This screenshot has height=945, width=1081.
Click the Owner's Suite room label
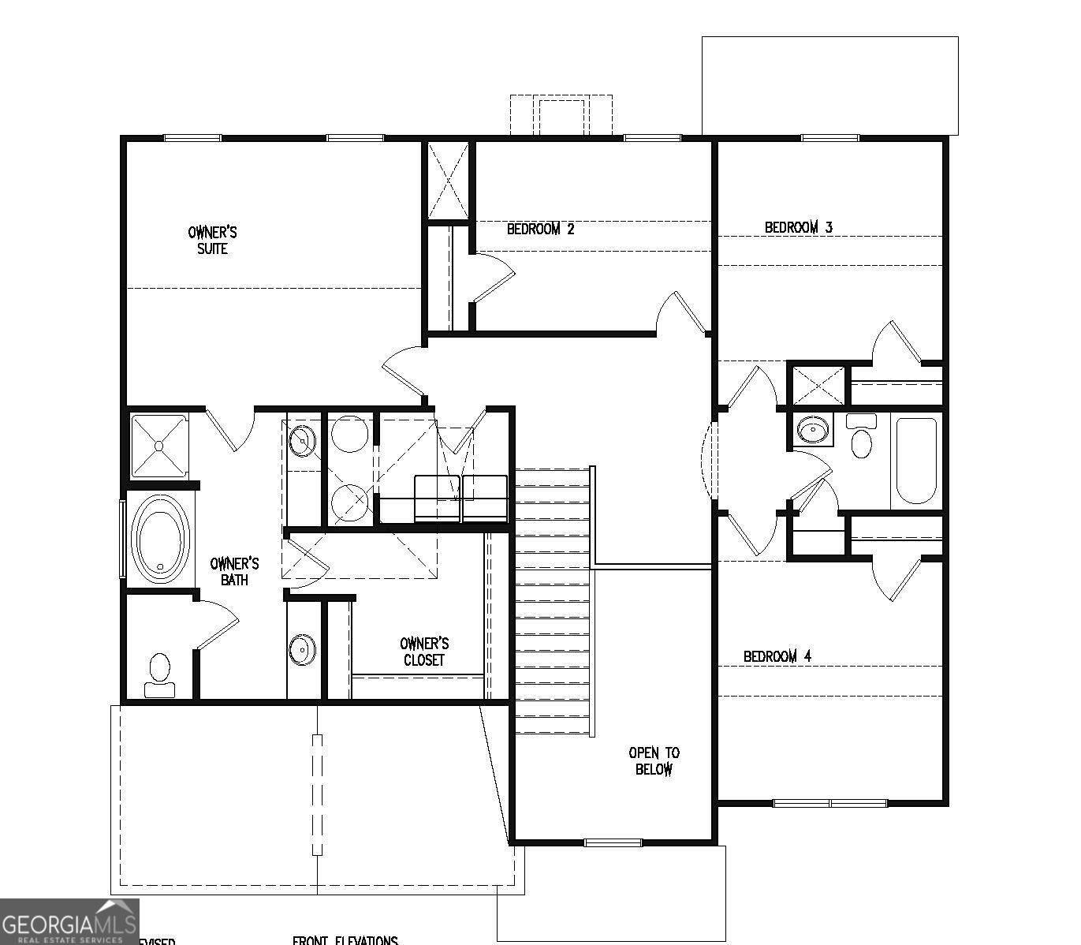[212, 241]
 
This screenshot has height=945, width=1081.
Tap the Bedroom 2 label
[540, 230]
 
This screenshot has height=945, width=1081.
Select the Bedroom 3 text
[798, 228]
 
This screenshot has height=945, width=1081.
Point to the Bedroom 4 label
[777, 656]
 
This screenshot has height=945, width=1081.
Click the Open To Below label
[654, 761]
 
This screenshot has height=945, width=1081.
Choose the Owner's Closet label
[424, 652]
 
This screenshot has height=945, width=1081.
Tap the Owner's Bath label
[234, 572]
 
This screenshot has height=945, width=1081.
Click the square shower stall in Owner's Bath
[158, 446]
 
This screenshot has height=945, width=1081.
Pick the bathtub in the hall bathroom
[916, 461]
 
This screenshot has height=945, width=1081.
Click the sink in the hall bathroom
[812, 430]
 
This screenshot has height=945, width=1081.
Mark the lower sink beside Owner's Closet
[301, 649]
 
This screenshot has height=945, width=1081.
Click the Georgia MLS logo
[69, 921]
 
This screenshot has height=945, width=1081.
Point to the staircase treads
[552, 599]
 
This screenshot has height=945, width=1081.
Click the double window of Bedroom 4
[829, 804]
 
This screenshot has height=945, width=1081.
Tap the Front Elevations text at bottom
[345, 940]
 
